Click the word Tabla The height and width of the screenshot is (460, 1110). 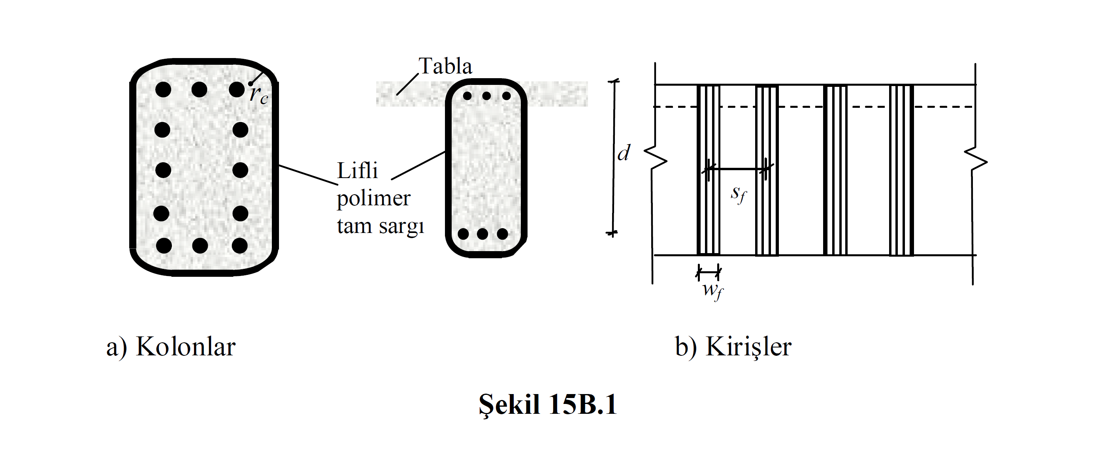(446, 66)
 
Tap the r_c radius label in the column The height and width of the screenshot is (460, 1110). (259, 94)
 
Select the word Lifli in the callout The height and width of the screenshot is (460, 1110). (357, 171)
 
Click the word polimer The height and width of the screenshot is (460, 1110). (373, 199)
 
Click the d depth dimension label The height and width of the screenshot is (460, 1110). (624, 152)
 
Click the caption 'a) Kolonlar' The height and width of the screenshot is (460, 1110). (171, 346)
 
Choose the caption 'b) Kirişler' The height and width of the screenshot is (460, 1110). (733, 346)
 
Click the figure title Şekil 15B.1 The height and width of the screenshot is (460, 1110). (548, 405)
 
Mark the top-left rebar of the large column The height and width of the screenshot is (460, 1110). (163, 90)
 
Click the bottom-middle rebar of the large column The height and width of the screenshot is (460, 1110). (200, 246)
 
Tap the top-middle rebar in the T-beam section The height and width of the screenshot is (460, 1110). (486, 96)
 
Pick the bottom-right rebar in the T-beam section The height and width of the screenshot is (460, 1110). (502, 234)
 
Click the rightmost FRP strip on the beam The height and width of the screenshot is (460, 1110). (901, 170)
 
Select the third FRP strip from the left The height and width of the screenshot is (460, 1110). (835, 170)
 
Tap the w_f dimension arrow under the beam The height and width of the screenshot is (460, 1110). (709, 272)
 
